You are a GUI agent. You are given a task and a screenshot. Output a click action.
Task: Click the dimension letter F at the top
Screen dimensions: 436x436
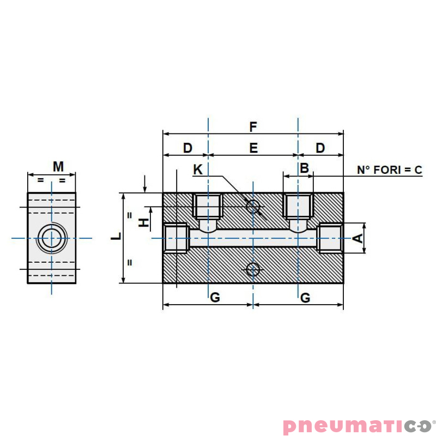click(x=253, y=127)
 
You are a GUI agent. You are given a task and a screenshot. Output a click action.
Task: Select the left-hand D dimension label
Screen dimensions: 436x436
click(x=187, y=148)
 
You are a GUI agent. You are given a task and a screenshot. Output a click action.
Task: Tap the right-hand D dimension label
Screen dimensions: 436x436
click(x=320, y=148)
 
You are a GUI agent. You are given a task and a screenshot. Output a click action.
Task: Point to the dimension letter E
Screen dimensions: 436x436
click(x=253, y=148)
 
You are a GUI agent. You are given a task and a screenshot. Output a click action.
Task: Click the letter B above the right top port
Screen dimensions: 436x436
click(x=305, y=168)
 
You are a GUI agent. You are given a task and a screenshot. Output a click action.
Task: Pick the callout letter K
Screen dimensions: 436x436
click(x=198, y=169)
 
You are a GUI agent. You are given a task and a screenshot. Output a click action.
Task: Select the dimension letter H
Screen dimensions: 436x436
click(x=143, y=222)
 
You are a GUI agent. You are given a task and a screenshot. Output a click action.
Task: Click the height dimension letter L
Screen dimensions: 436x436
click(x=116, y=237)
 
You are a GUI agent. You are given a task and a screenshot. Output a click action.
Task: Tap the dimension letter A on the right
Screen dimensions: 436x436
click(x=358, y=238)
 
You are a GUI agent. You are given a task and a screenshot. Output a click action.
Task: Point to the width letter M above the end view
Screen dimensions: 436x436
click(x=58, y=166)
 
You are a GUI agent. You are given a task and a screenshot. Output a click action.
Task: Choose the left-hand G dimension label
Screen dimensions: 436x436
click(x=215, y=298)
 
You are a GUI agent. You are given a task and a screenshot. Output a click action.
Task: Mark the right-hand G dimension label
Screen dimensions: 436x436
click(x=305, y=298)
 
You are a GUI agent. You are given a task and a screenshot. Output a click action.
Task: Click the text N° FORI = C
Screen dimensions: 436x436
click(x=389, y=170)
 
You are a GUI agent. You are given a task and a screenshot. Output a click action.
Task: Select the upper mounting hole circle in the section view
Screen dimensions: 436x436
click(x=253, y=206)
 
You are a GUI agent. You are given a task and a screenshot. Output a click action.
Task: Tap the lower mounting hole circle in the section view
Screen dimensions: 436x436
click(x=253, y=269)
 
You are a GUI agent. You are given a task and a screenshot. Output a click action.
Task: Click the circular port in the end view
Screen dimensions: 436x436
click(x=52, y=238)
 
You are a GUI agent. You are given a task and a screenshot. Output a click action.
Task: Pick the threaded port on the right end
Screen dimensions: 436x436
click(x=330, y=238)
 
